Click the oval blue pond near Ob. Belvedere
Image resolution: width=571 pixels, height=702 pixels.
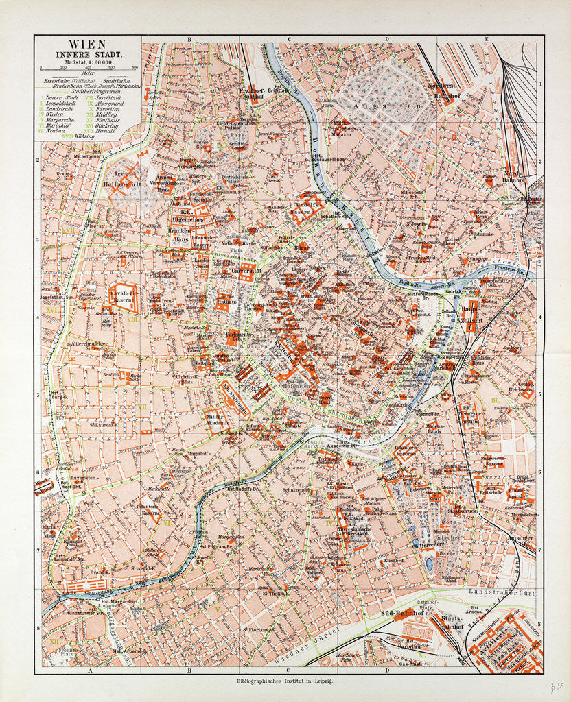(430, 564)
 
